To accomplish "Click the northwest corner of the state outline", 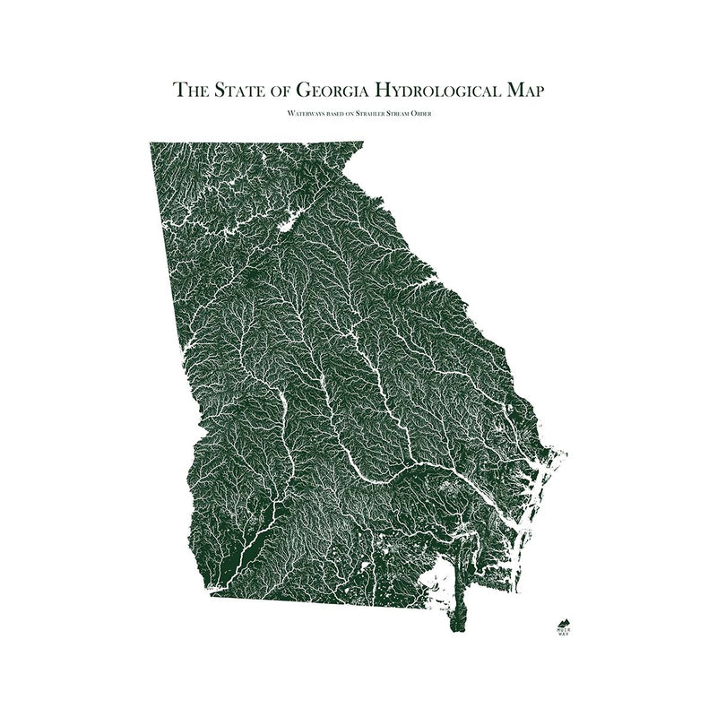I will point(151,143).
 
